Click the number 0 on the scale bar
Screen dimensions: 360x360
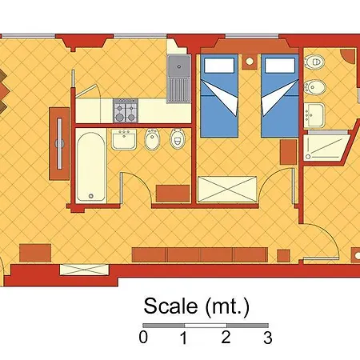143,337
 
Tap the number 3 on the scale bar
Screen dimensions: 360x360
268,338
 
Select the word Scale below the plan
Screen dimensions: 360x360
170,306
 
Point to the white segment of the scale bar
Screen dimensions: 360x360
206,326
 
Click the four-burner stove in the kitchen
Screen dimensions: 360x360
126,110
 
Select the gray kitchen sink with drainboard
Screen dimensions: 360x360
179,78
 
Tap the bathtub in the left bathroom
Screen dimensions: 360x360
90,167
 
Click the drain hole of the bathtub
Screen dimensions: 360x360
91,196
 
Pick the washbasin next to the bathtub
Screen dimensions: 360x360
124,139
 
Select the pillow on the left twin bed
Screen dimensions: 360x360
219,66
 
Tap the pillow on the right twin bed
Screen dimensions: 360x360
280,66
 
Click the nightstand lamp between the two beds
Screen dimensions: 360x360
250,62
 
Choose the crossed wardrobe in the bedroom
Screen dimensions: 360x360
227,189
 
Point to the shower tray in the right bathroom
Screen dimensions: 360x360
327,147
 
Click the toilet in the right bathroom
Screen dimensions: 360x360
314,62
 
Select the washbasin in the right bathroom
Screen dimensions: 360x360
314,115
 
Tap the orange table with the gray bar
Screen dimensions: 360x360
59,144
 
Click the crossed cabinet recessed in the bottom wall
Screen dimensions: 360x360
84,270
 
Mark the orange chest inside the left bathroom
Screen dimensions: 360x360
173,194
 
